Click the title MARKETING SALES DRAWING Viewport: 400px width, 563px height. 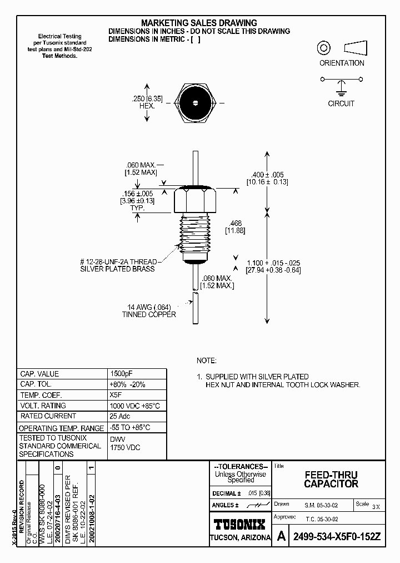[199, 23]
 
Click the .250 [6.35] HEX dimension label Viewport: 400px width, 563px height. [147, 102]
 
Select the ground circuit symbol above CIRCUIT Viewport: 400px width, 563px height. [341, 88]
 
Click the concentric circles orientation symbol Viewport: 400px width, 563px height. [323, 48]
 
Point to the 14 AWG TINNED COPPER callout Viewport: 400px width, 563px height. [149, 310]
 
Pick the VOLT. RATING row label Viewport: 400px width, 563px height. [43, 406]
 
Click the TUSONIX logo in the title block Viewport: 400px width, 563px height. [240, 524]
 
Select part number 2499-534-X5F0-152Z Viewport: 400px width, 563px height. [337, 537]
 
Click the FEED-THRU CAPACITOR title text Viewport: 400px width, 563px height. [331, 480]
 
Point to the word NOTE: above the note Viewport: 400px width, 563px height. [207, 360]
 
